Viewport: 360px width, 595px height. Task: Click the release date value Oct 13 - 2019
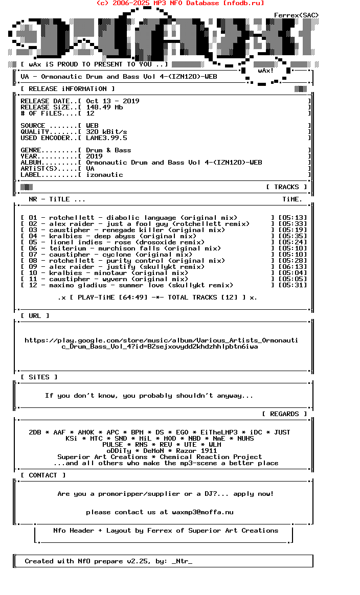click(112, 101)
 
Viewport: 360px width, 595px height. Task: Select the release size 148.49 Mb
click(104, 107)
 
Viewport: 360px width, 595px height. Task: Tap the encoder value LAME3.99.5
click(106, 138)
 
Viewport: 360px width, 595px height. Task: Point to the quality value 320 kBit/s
click(106, 132)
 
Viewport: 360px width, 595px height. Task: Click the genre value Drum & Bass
click(108, 150)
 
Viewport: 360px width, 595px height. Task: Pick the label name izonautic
click(104, 175)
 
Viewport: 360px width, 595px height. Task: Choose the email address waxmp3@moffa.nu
click(202, 512)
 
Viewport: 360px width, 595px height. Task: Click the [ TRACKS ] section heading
click(286, 187)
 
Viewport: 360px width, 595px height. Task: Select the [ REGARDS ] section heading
click(284, 414)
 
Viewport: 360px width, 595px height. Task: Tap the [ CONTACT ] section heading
click(43, 475)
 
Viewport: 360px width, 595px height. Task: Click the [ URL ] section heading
click(35, 316)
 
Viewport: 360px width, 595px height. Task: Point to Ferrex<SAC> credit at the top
click(296, 15)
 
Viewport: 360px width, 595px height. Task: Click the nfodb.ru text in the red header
click(243, 3)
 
